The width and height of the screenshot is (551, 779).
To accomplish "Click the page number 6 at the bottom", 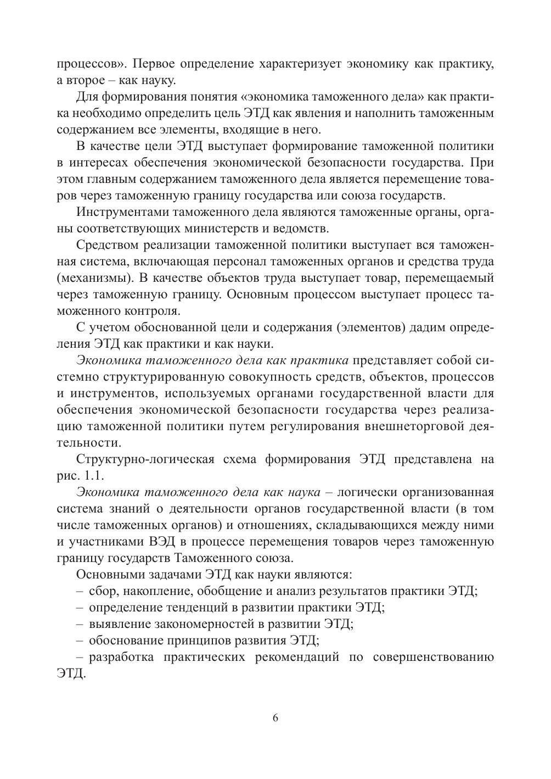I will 275,718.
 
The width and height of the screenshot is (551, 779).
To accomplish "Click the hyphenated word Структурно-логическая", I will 145,459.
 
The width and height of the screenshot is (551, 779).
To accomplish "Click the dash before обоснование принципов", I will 81,641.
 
